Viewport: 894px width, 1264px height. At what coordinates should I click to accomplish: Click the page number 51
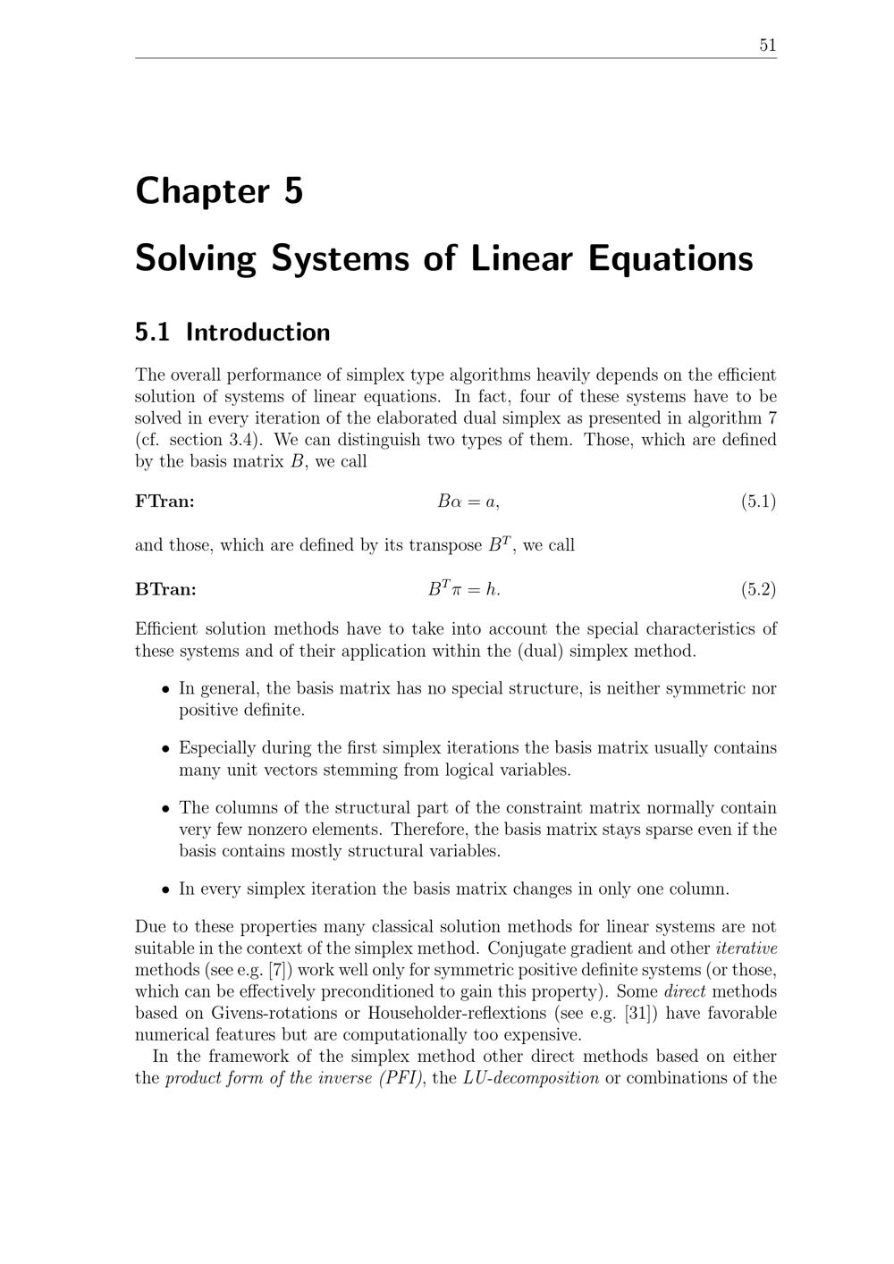[x=767, y=46]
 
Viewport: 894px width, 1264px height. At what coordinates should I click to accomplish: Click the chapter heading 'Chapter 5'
[x=219, y=191]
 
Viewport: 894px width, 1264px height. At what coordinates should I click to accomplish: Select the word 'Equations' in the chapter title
[x=670, y=258]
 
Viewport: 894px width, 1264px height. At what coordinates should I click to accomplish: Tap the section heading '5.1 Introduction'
[x=232, y=333]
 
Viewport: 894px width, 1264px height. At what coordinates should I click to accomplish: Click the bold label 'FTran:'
[x=164, y=501]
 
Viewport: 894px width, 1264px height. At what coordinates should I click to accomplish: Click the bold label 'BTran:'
[x=165, y=589]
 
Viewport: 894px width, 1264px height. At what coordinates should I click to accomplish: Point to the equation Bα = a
[x=468, y=501]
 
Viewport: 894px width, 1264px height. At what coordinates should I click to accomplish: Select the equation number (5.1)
[x=758, y=501]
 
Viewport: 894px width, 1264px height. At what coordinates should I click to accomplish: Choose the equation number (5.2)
[x=758, y=589]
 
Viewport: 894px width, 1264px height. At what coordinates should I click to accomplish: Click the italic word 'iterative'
[x=746, y=948]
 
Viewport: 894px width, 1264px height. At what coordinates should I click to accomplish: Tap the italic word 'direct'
[x=685, y=991]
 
